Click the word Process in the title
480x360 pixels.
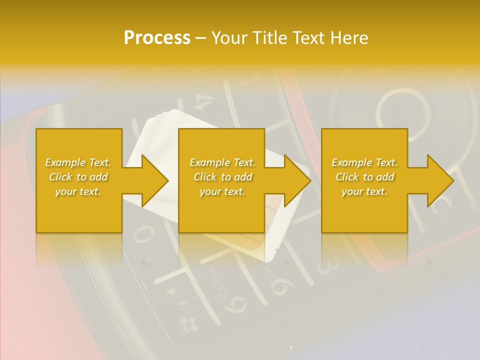[157, 38]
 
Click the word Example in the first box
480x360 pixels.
[65, 162]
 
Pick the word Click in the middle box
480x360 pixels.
[204, 177]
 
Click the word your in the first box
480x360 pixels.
[65, 191]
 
